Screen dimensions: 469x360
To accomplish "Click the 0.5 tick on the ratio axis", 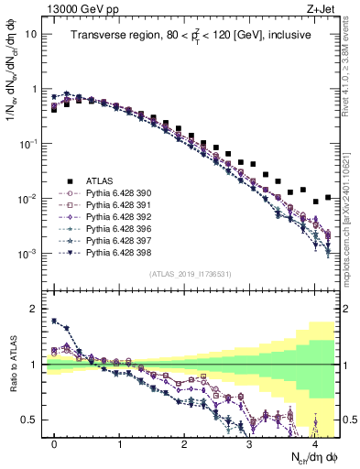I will (31, 420).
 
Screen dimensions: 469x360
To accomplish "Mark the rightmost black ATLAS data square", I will (328, 196).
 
